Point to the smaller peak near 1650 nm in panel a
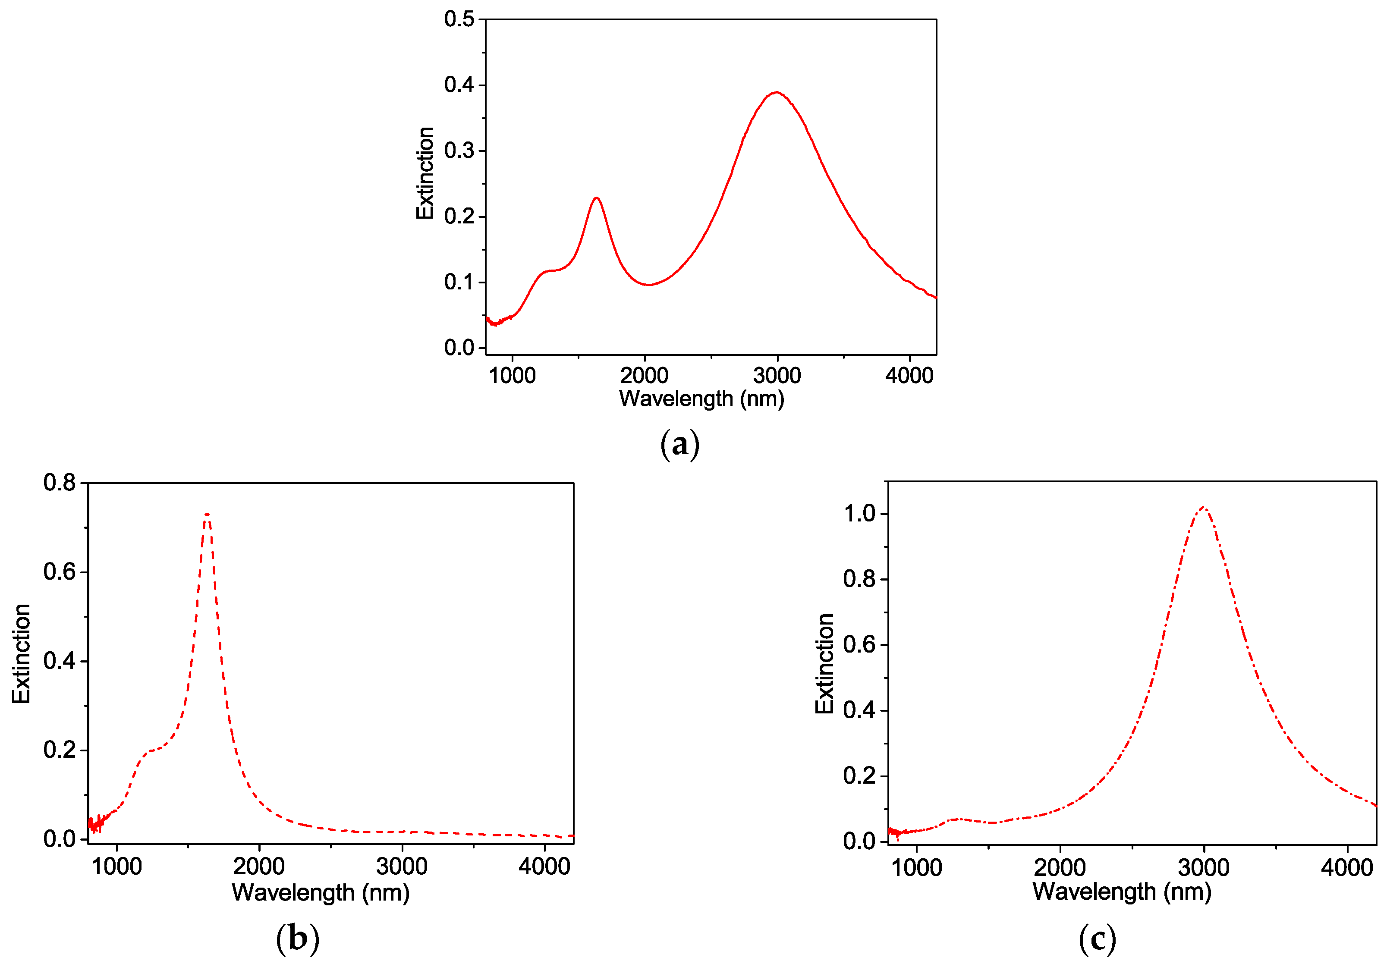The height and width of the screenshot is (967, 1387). [597, 198]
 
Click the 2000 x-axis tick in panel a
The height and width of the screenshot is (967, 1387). [644, 375]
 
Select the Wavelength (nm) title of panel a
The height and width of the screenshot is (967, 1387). [701, 399]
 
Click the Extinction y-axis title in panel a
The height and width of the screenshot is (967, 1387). [425, 173]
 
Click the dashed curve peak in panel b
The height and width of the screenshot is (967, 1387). [207, 515]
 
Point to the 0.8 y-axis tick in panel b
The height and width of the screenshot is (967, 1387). [59, 483]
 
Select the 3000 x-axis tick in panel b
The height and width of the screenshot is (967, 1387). [402, 866]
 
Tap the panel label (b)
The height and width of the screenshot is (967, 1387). [297, 938]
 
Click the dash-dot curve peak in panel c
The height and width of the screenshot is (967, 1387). [1203, 507]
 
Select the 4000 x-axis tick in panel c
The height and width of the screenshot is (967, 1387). [1346, 867]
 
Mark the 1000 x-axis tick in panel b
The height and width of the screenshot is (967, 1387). [116, 866]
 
